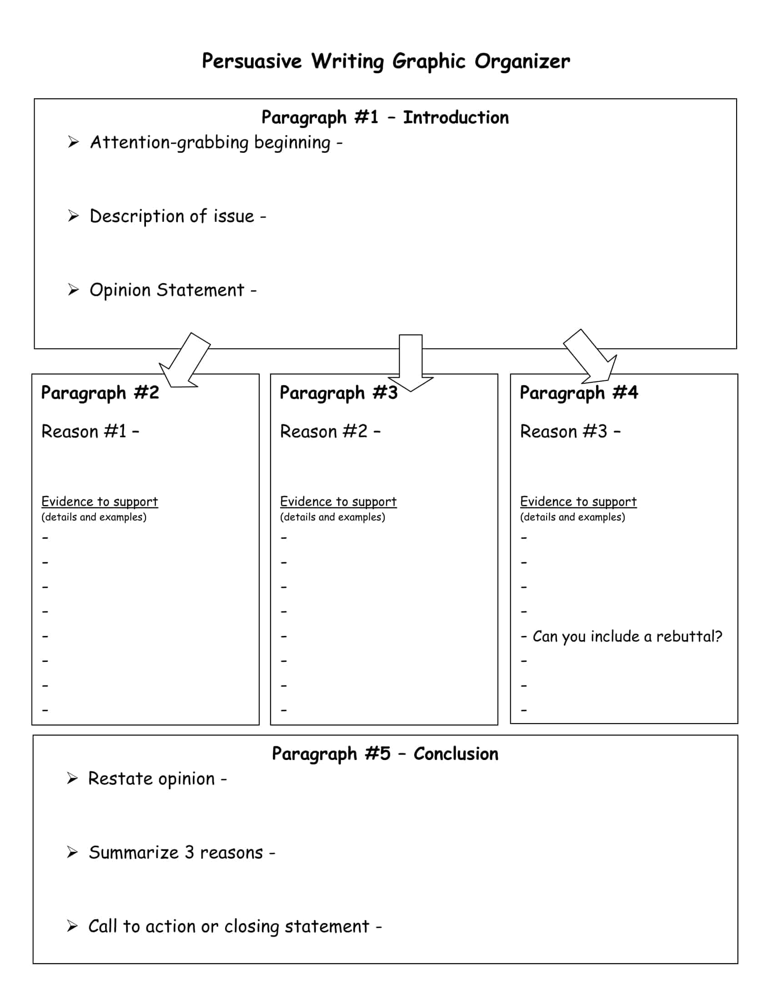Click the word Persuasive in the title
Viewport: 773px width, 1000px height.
251,61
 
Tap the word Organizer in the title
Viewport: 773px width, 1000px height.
522,61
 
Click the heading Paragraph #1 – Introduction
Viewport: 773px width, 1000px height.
385,118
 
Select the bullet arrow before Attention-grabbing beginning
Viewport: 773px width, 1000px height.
73,142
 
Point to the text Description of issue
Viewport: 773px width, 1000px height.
172,216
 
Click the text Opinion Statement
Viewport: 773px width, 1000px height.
167,290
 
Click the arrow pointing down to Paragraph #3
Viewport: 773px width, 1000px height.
410,364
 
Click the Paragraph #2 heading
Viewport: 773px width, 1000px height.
100,393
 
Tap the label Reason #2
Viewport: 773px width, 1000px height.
324,431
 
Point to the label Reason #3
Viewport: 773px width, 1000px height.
564,431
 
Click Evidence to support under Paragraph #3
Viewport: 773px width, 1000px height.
338,502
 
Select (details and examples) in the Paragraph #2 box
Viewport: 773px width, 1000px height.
94,517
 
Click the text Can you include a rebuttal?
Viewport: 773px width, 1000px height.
627,636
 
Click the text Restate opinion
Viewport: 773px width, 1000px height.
151,779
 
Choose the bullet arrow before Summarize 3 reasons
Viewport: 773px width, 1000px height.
72,852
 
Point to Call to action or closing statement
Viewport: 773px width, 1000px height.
229,926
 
